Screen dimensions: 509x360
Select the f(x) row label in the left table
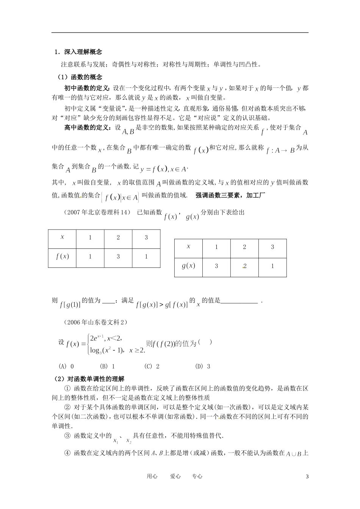pos(62,256)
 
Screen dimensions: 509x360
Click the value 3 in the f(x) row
pos(118,256)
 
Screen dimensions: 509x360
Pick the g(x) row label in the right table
pos(188,266)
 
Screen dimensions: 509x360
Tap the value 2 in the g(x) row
pos(244,266)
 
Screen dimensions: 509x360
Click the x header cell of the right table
pos(188,247)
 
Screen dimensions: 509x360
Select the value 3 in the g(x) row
pos(216,266)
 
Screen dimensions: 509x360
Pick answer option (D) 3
pos(203,366)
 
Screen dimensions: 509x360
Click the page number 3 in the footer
pos(307,476)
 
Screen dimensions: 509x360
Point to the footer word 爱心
pos(175,476)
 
